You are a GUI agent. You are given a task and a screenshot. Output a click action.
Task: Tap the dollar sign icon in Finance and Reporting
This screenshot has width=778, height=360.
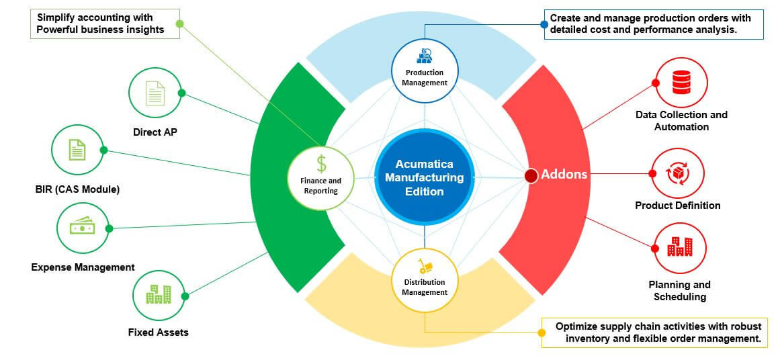pos(321,163)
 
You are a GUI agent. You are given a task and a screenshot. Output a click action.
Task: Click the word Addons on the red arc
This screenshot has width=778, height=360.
pos(564,175)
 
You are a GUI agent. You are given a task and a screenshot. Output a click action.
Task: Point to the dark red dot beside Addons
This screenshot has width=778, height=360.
pos(531,176)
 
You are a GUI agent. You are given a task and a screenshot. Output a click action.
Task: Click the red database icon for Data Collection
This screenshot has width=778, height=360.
pos(681,83)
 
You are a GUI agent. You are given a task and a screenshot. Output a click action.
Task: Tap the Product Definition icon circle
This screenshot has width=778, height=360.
pos(679,174)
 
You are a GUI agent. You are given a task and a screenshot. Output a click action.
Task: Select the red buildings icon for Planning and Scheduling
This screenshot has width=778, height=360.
pos(679,248)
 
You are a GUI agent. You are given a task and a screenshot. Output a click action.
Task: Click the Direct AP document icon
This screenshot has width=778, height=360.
pos(155,93)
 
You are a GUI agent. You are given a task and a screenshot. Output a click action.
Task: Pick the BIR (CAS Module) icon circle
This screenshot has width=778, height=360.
pos(78,151)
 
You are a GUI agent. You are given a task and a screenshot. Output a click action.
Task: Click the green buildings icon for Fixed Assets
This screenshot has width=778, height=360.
pos(159,294)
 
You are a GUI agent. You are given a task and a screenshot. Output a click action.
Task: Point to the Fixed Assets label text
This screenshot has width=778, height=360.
pos(159,332)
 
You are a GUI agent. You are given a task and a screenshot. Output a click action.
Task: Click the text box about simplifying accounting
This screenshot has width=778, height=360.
pos(105,24)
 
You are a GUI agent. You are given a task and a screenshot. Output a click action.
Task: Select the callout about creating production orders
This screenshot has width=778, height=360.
pos(654,24)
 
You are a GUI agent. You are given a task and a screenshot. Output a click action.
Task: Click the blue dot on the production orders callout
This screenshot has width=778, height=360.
pos(545,24)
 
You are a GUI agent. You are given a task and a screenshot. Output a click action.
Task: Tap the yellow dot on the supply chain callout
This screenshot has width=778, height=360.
pos(542,332)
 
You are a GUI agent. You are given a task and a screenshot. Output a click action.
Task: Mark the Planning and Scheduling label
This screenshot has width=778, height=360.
pos(679,291)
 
